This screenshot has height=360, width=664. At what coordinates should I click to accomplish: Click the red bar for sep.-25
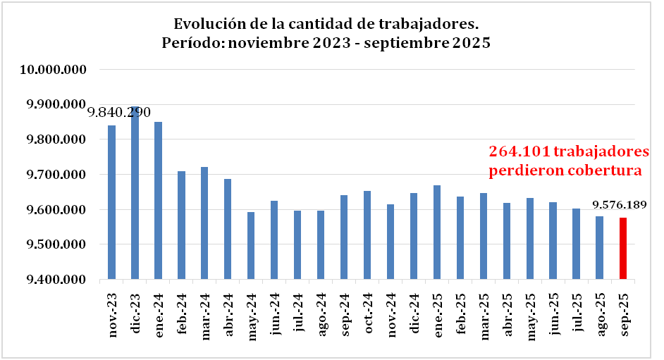(x=622, y=249)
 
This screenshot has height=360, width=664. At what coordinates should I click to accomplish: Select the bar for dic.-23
(x=135, y=193)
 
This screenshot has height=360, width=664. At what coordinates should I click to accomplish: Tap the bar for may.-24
(x=251, y=245)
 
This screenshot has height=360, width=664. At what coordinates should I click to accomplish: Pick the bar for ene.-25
(x=437, y=232)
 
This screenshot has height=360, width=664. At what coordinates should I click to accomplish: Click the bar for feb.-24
(x=181, y=225)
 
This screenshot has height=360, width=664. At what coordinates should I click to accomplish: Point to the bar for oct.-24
(x=367, y=235)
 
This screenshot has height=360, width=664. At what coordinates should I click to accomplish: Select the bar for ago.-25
(x=599, y=247)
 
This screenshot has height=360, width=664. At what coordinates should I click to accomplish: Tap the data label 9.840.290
(x=118, y=113)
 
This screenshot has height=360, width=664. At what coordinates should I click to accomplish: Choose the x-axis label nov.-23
(x=112, y=314)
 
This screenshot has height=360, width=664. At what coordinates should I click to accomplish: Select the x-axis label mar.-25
(x=484, y=313)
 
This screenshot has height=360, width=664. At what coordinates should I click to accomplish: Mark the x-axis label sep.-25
(x=623, y=313)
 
